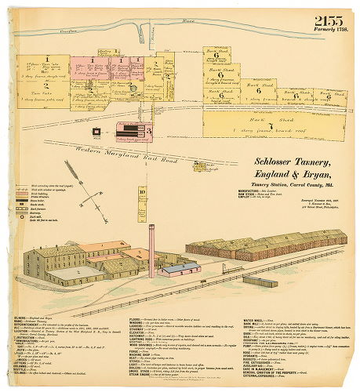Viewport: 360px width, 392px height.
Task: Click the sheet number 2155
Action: tap(330, 22)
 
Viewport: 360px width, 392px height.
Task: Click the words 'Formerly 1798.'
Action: tap(330, 32)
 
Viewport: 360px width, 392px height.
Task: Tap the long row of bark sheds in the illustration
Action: tap(267, 245)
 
